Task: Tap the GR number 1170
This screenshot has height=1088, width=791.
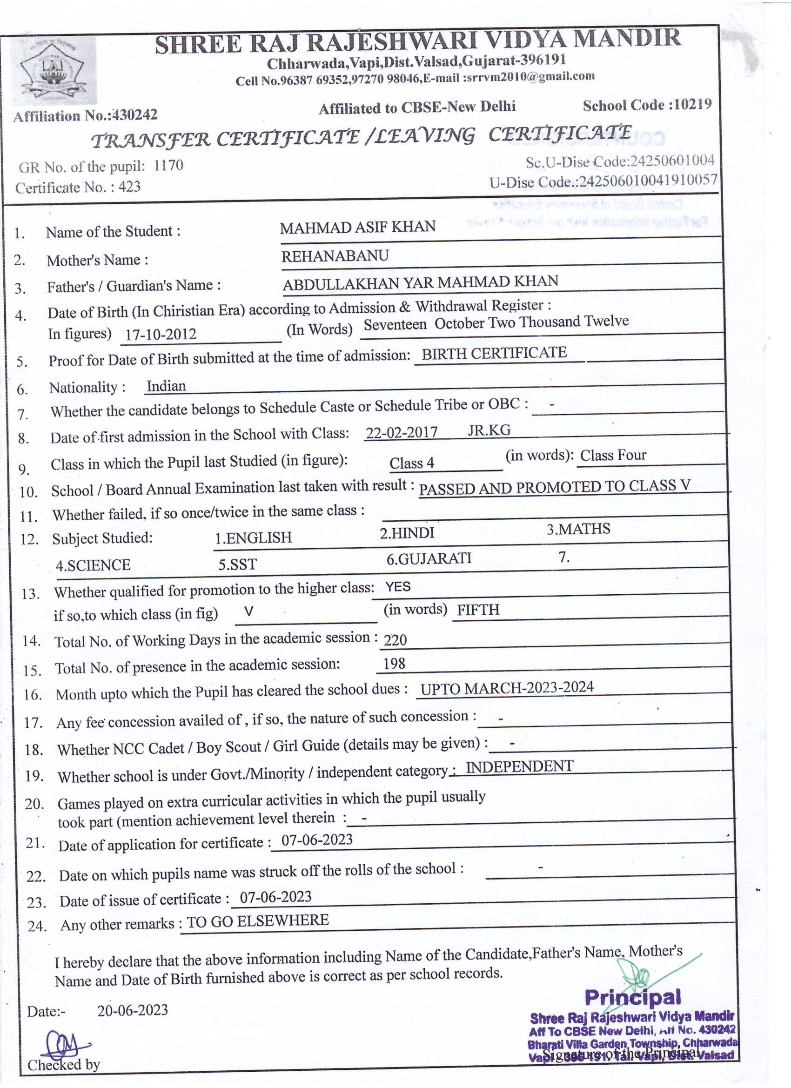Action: point(168,166)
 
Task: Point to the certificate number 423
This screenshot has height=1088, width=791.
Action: point(129,187)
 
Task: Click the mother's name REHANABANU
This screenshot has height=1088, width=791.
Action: point(335,256)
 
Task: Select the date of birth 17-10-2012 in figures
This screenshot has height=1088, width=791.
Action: point(160,334)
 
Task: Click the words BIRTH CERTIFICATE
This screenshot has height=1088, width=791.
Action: point(494,354)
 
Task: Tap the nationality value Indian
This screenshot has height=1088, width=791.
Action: point(166,386)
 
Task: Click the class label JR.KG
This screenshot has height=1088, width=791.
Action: point(489,430)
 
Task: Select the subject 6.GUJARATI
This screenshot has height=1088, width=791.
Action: point(429,558)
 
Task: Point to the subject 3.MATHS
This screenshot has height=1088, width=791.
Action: point(578,529)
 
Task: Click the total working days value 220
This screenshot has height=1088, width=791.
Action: point(395,640)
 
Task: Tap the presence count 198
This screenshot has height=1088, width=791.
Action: point(394,664)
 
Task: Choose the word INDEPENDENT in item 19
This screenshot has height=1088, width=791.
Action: point(519,766)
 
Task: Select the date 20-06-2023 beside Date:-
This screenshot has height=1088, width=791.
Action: point(133,1010)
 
